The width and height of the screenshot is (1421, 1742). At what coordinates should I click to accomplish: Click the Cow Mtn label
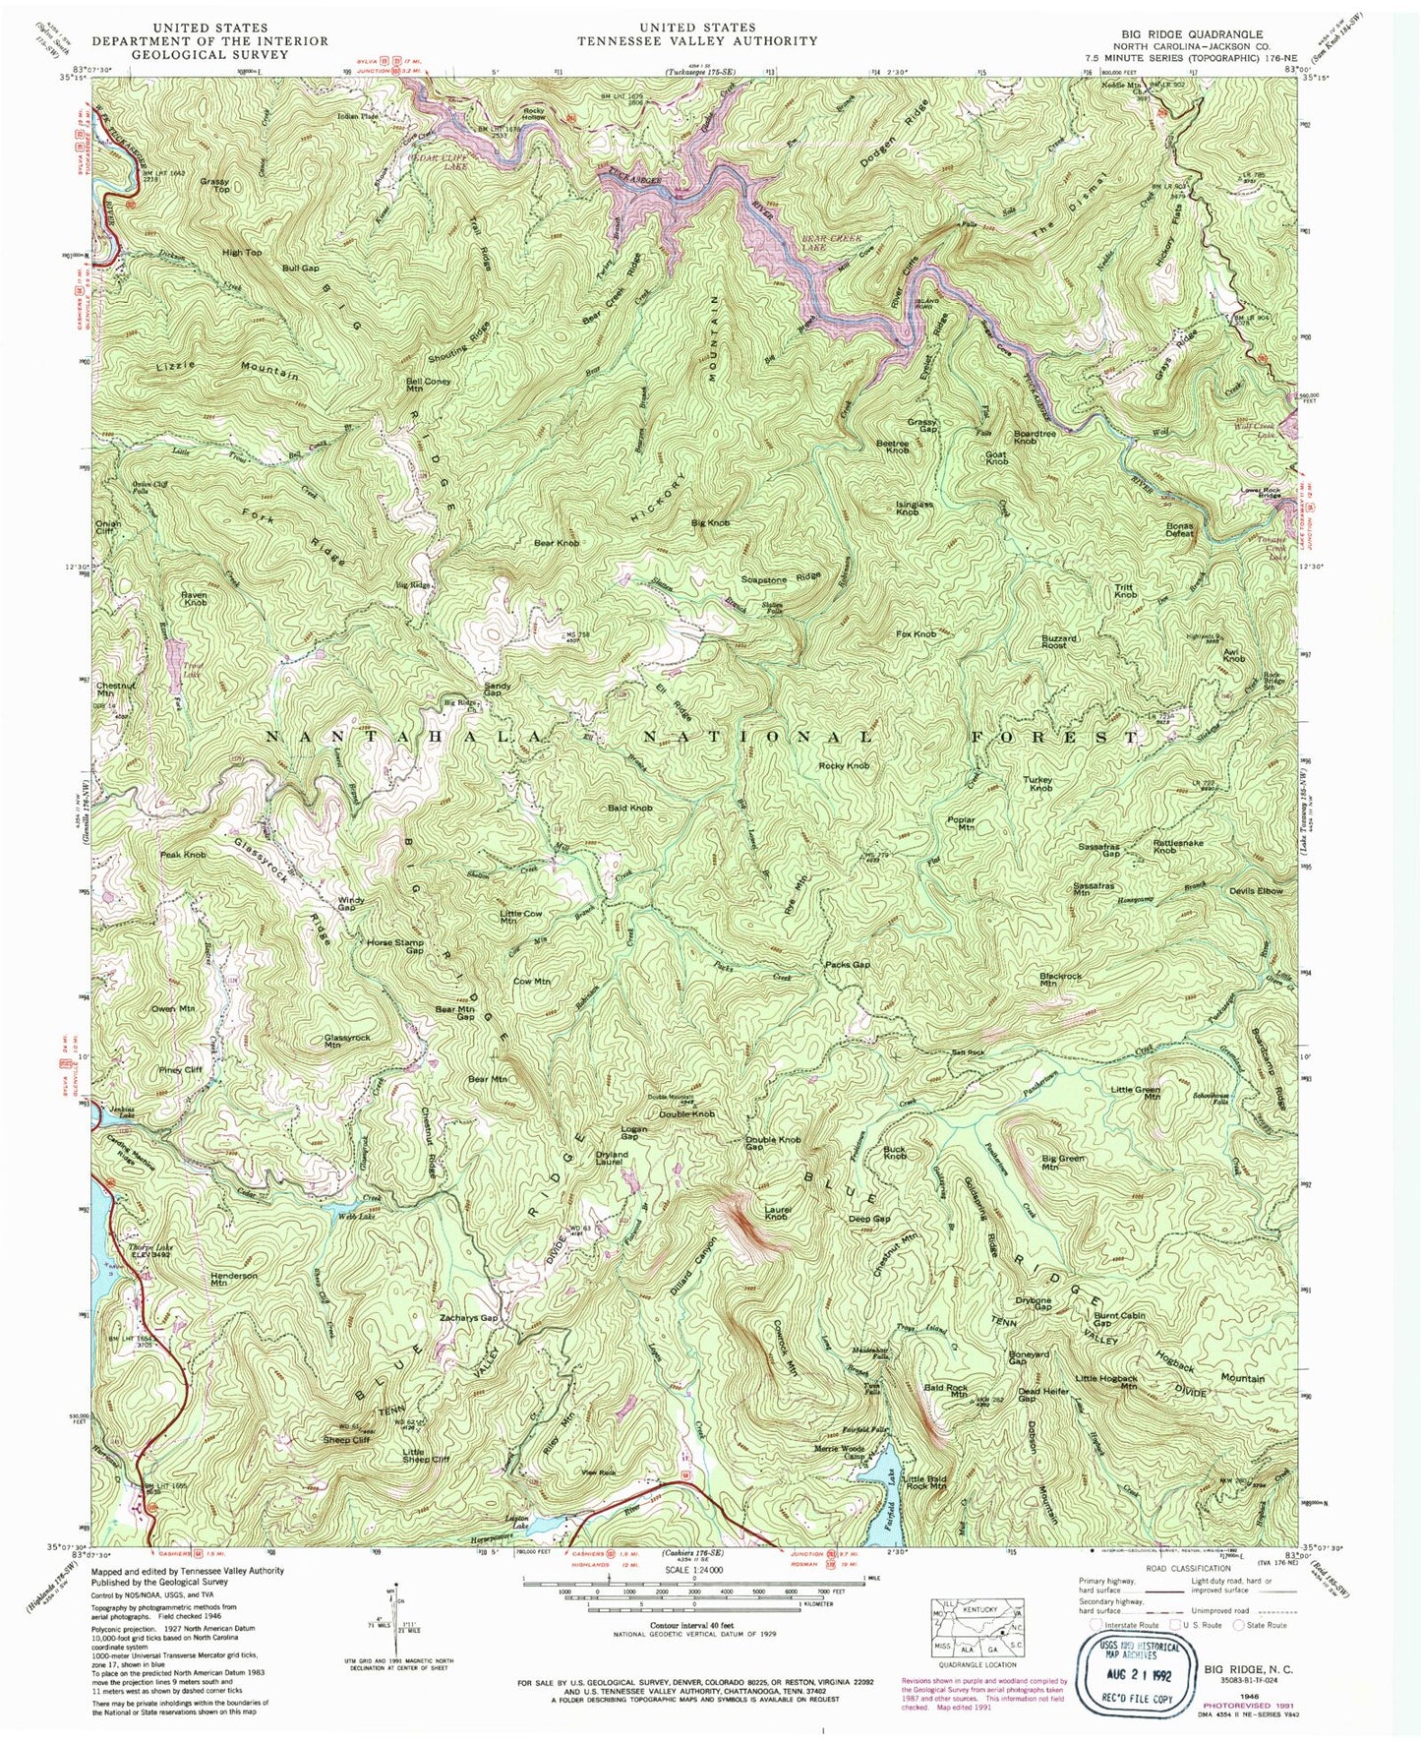pyautogui.click(x=532, y=981)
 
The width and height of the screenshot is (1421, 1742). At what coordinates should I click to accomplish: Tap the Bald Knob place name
pyautogui.click(x=629, y=808)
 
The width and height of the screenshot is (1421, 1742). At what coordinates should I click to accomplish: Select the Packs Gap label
pyautogui.click(x=847, y=965)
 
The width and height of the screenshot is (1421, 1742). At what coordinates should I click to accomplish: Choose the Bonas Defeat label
pyautogui.click(x=1179, y=529)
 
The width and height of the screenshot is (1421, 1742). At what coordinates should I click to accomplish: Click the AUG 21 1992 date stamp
pyautogui.click(x=1136, y=1668)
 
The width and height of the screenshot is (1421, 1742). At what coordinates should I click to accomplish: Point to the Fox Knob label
pyautogui.click(x=916, y=634)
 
